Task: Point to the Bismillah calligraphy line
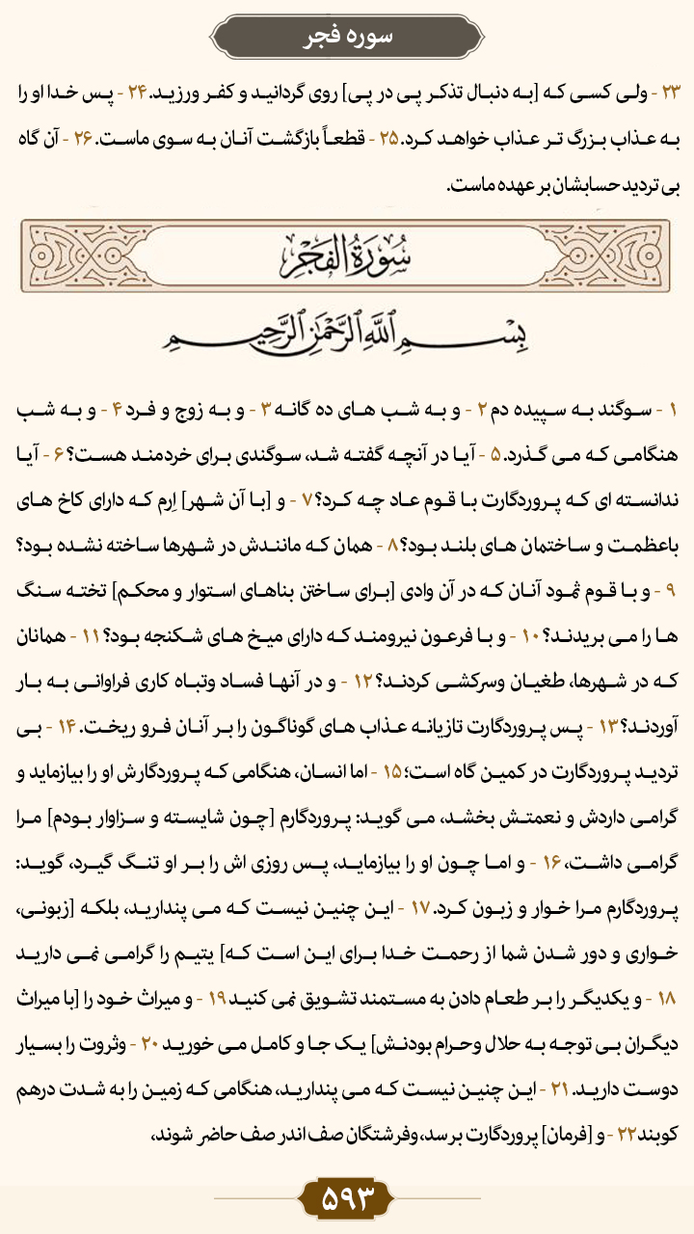(347, 335)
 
